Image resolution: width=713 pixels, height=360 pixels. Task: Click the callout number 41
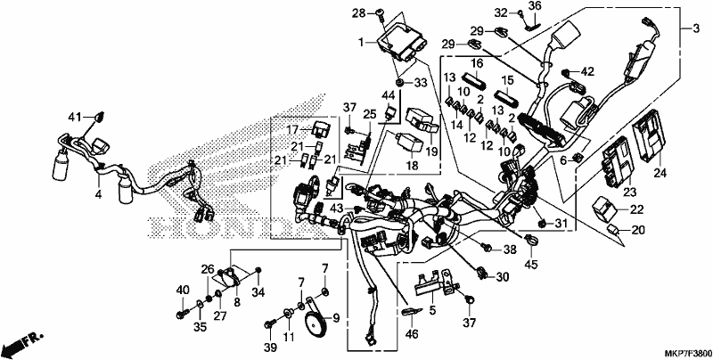pyautogui.click(x=75, y=118)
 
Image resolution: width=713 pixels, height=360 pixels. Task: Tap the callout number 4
pyautogui.click(x=98, y=195)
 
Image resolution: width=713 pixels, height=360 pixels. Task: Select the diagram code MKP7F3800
pyautogui.click(x=687, y=353)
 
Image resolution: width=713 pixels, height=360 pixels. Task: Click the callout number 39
pyautogui.click(x=270, y=348)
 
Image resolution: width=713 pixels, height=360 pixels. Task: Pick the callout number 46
pyautogui.click(x=412, y=335)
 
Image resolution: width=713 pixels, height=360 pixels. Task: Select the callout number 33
pyautogui.click(x=421, y=83)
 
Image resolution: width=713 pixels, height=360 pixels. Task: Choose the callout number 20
pyautogui.click(x=638, y=230)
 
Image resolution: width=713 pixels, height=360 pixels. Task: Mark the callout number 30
pyautogui.click(x=502, y=277)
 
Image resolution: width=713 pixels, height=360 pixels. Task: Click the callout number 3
pyautogui.click(x=696, y=29)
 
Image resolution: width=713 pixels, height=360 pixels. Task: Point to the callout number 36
pyautogui.click(x=536, y=6)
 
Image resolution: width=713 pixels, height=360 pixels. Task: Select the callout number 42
pyautogui.click(x=587, y=71)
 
